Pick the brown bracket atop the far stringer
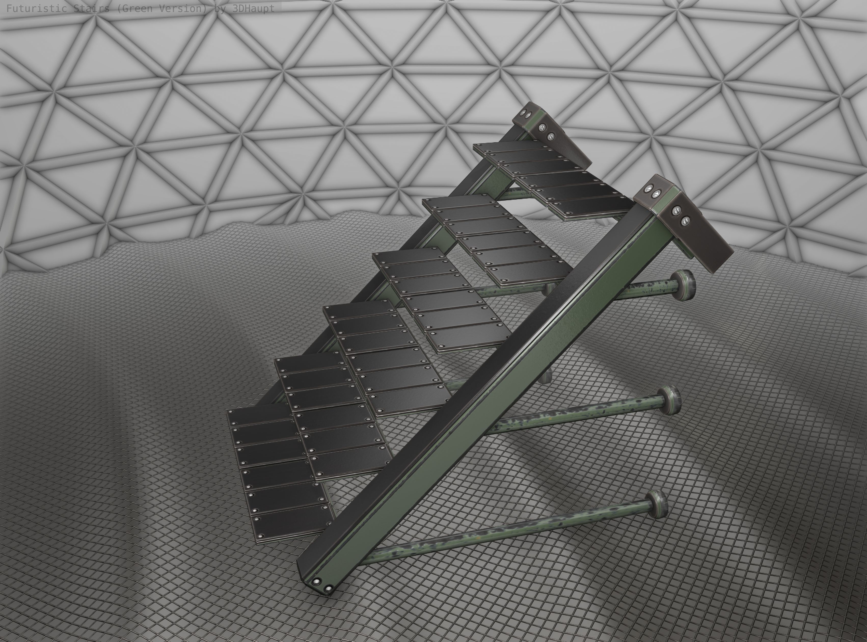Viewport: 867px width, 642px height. [559, 140]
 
